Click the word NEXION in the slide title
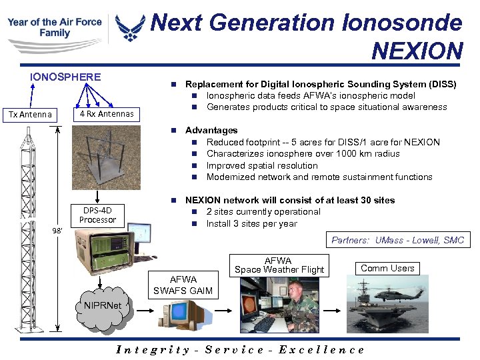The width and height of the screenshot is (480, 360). coord(417,50)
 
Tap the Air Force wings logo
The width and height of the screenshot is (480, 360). coord(129,27)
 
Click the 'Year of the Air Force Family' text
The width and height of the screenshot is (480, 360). coord(55,27)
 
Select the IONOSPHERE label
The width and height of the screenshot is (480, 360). coord(65,77)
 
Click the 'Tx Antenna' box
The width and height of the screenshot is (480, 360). coord(30,114)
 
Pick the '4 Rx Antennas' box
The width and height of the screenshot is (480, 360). coord(106,114)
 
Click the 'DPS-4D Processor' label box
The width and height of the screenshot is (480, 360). coord(97,215)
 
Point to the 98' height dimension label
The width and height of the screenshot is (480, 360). coord(58,231)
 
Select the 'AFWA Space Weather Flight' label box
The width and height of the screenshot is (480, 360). coord(279,265)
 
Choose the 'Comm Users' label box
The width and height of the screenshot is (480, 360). coord(387,268)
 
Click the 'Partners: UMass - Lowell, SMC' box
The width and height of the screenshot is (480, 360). coord(398,240)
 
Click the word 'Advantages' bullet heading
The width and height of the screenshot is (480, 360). coord(211,130)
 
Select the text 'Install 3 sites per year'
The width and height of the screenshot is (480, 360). coord(251,223)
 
